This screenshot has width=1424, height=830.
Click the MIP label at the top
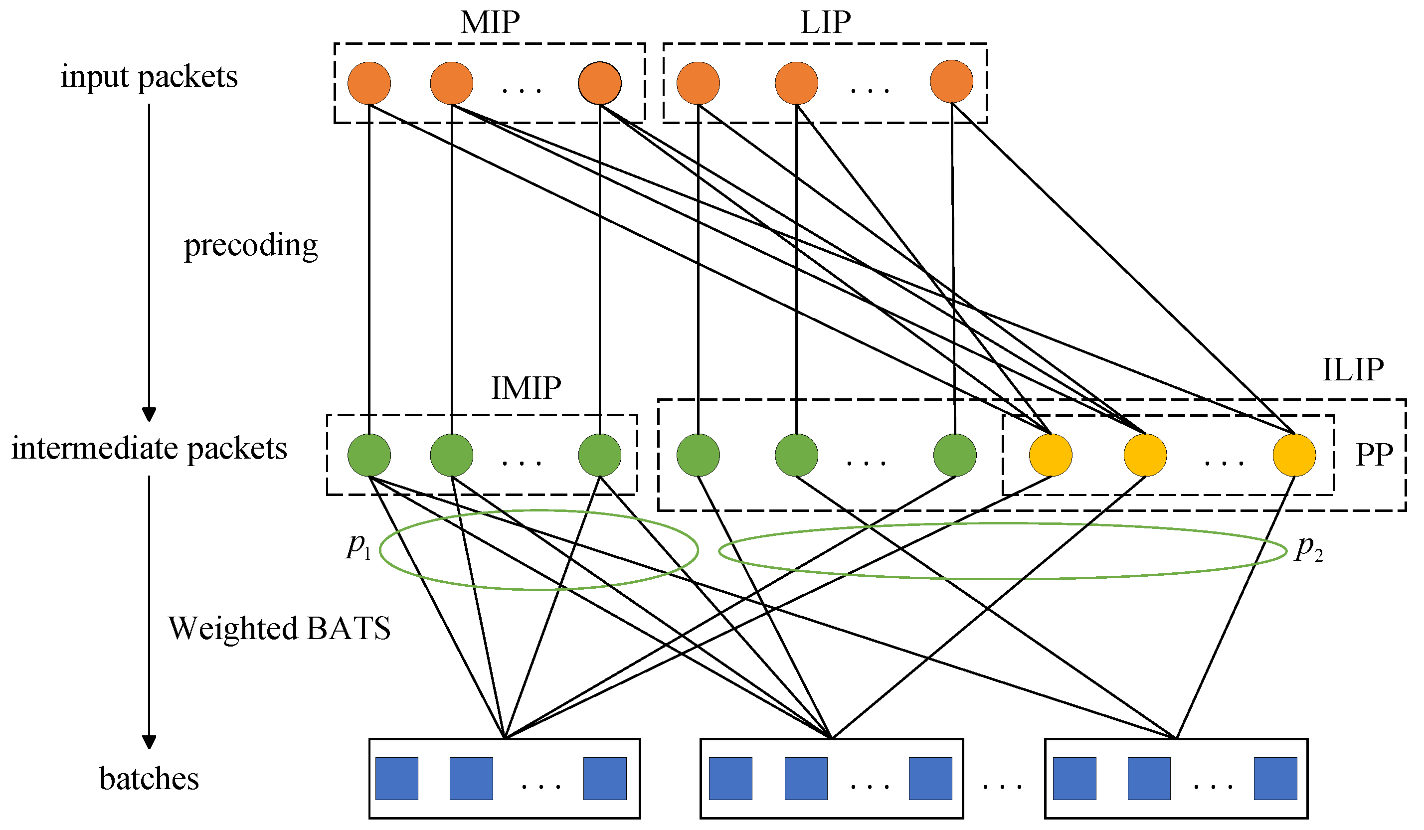pyautogui.click(x=490, y=22)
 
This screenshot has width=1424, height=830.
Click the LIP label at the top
pyautogui.click(x=826, y=22)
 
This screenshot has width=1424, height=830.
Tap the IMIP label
pyautogui.click(x=526, y=388)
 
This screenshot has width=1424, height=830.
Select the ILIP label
pyautogui.click(x=1353, y=370)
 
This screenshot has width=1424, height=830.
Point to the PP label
pyautogui.click(x=1374, y=454)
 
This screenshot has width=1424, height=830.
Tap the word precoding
pyautogui.click(x=251, y=246)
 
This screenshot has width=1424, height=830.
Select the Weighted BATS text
pyautogui.click(x=279, y=628)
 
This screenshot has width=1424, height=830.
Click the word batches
pyautogui.click(x=149, y=779)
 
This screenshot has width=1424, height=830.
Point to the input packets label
pyautogui.click(x=149, y=77)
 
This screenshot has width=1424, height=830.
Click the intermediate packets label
pyautogui.click(x=149, y=449)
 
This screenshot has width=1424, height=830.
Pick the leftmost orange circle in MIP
pyautogui.click(x=369, y=83)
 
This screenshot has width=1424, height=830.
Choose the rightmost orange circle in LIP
pyautogui.click(x=952, y=81)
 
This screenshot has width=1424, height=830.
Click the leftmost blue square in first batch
pyautogui.click(x=397, y=779)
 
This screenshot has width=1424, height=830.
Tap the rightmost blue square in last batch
pyautogui.click(x=1275, y=779)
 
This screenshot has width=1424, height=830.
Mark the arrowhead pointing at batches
pyautogui.click(x=149, y=742)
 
